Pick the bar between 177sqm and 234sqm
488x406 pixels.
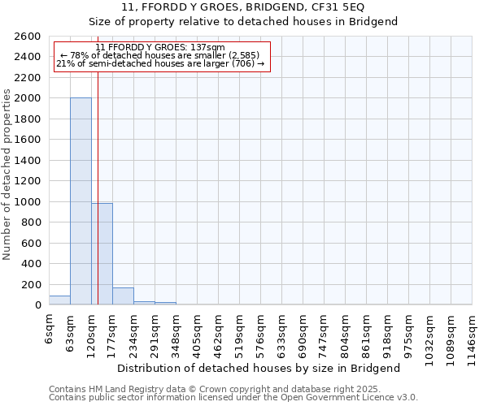123,296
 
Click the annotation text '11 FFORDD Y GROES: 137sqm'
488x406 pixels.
160,47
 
